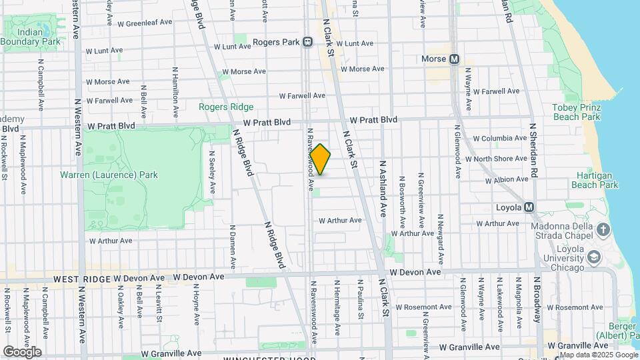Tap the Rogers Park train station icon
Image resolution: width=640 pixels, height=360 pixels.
click(308, 42)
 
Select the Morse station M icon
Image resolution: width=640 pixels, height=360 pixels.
click(455, 59)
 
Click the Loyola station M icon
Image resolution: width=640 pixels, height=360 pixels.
click(529, 207)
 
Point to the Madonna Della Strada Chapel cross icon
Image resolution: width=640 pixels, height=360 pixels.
click(603, 231)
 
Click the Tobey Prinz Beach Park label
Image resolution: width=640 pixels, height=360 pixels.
click(576, 112)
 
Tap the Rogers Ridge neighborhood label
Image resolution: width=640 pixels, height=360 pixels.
click(226, 107)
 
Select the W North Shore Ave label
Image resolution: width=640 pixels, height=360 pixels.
click(500, 159)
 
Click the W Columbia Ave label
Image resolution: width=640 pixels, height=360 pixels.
click(500, 139)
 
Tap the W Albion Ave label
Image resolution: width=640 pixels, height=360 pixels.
click(507, 180)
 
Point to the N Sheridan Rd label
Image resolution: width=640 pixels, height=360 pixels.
click(533, 149)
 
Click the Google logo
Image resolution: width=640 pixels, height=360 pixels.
click(23, 352)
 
